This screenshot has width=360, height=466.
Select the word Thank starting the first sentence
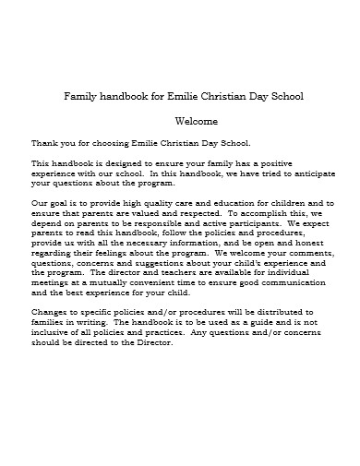42,143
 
